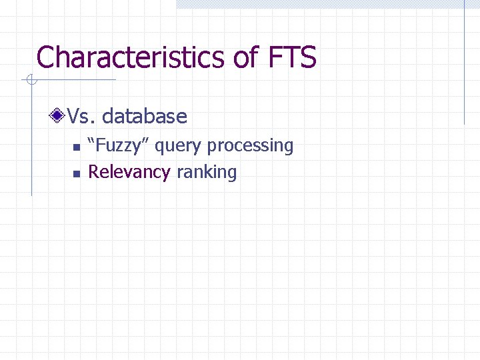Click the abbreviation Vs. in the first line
(x=81, y=117)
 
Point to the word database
(x=145, y=117)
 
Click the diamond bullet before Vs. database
(x=59, y=117)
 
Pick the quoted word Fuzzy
(x=119, y=145)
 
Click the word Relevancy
(x=129, y=173)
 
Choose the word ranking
(x=207, y=173)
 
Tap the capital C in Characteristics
(x=46, y=57)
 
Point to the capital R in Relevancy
(x=94, y=172)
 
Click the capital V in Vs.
(x=73, y=117)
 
